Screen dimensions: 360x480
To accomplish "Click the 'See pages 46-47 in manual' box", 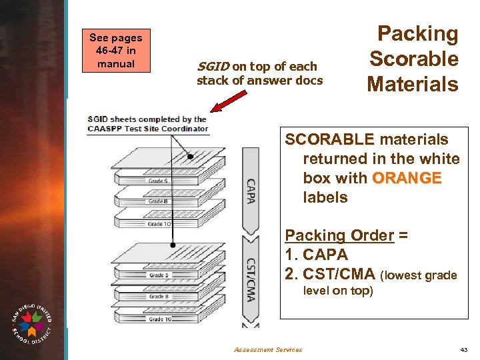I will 111,51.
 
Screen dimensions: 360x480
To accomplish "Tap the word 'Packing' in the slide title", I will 418,34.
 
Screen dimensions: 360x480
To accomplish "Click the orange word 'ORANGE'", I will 407,178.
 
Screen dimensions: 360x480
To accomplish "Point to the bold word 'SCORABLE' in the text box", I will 330,139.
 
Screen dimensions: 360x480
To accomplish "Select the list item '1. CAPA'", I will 317,255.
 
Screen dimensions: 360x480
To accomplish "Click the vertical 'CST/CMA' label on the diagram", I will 251,280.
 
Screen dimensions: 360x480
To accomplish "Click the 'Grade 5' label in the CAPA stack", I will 159,181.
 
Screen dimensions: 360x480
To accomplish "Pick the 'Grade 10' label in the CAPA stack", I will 160,223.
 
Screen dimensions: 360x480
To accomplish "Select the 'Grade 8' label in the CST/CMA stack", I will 159,297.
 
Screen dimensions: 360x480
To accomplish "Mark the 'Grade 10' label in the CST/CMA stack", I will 160,319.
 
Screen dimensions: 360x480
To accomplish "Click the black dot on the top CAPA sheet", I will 191,157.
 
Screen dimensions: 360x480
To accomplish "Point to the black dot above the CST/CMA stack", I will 174,245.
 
